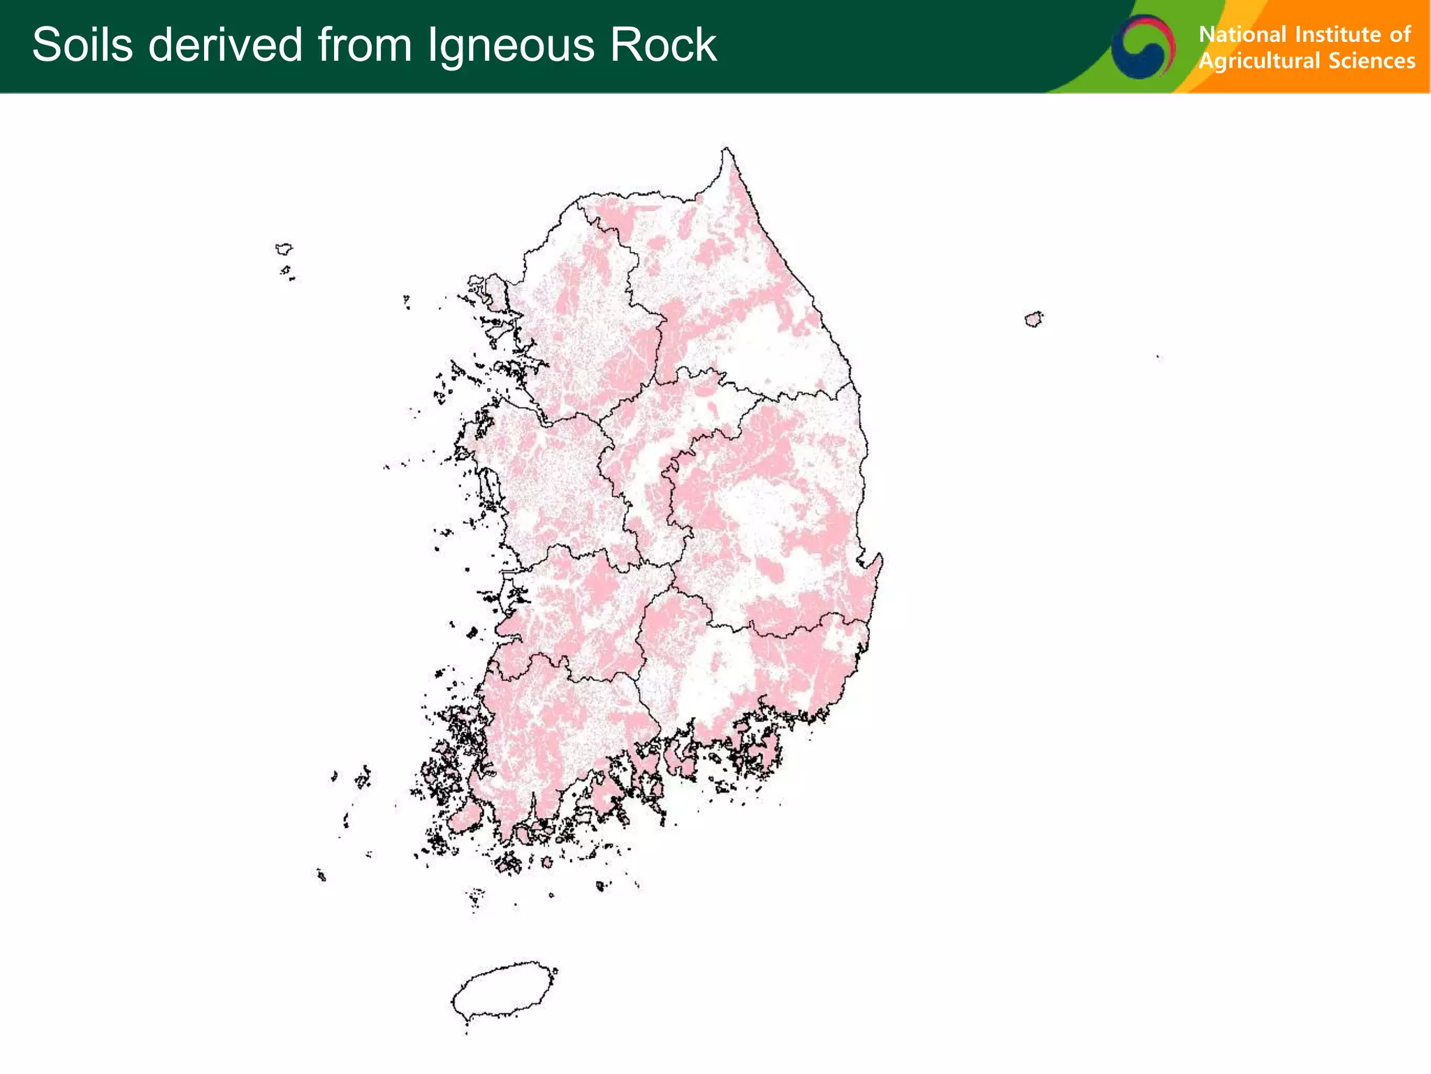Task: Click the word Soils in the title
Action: click(x=82, y=45)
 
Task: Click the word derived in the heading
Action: click(x=225, y=45)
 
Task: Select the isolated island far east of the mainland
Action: click(x=1033, y=319)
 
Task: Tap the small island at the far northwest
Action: click(x=284, y=248)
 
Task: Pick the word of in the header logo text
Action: click(x=1400, y=34)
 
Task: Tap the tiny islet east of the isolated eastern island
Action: click(x=1158, y=357)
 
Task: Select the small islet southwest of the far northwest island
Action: click(x=285, y=270)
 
